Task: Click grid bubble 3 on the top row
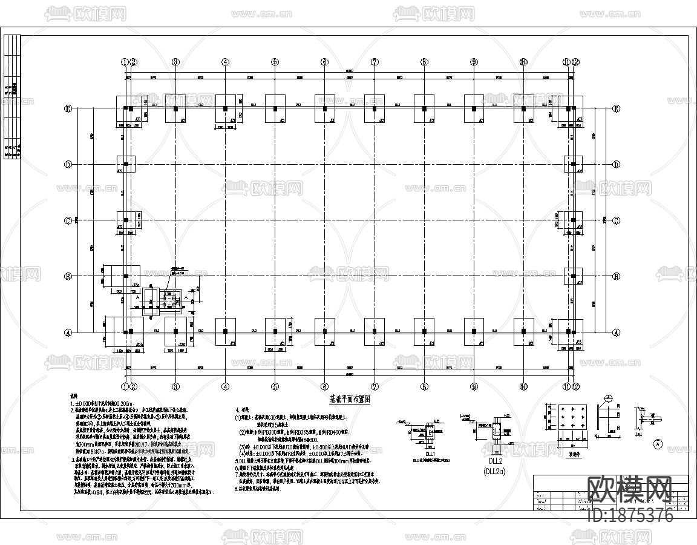[x=175, y=62]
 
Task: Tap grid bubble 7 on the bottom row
[x=375, y=386]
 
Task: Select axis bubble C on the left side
[x=68, y=220]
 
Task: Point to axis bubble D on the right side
[x=616, y=164]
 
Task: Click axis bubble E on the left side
[x=68, y=109]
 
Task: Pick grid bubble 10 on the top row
[x=523, y=62]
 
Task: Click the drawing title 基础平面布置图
[x=348, y=399]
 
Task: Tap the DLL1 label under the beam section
[x=430, y=453]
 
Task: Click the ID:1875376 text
[x=630, y=516]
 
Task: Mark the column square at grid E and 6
[x=324, y=109]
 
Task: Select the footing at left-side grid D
[x=126, y=164]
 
